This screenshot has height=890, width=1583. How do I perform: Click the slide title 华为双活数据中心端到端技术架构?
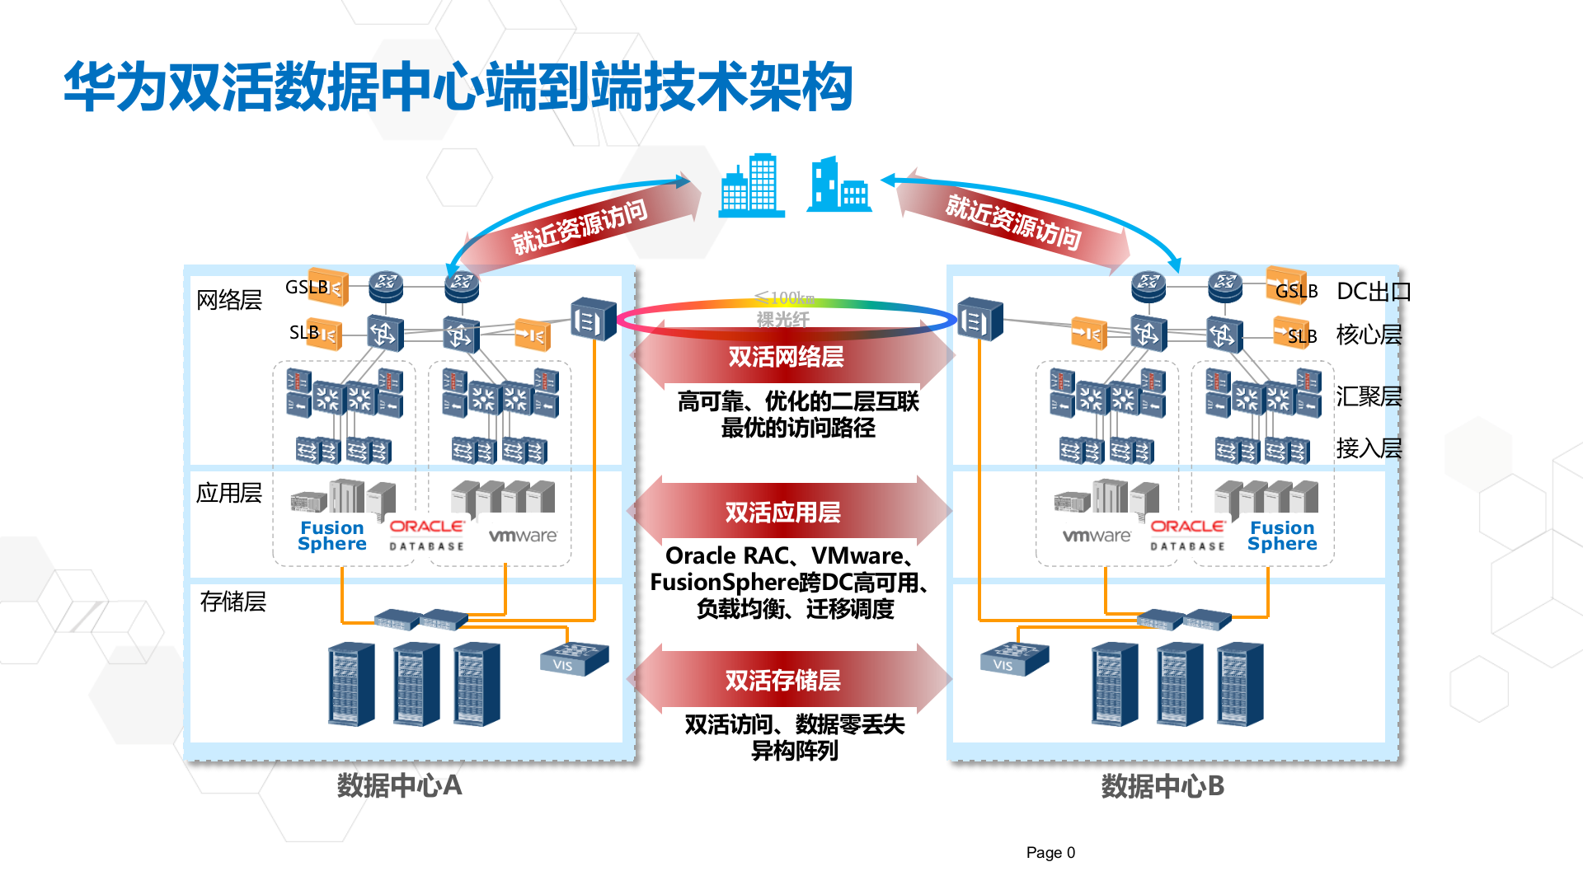[x=458, y=87]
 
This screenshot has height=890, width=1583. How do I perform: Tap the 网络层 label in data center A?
[x=228, y=300]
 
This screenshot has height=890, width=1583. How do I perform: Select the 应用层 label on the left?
[x=228, y=493]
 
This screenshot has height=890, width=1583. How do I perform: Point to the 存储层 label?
[x=233, y=602]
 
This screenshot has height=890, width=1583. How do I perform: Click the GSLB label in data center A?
[x=306, y=288]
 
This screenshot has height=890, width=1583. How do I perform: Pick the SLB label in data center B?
[x=1302, y=336]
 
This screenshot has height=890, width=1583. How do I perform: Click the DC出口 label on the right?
[x=1373, y=292]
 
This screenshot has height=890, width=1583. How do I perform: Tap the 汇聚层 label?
[x=1369, y=396]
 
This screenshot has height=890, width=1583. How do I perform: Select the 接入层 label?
[x=1369, y=448]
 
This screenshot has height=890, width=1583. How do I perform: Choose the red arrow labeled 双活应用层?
[x=783, y=512]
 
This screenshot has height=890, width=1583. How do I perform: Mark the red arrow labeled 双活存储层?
[x=783, y=680]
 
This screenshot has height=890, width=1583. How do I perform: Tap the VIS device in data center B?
[x=1013, y=659]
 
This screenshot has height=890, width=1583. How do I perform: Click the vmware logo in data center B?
[x=1096, y=536]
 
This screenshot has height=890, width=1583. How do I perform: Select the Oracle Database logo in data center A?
[x=426, y=535]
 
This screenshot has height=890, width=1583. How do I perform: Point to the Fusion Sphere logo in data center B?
[x=1281, y=536]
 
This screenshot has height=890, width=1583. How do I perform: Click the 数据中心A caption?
[x=399, y=785]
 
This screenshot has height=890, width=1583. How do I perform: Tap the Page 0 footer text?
[x=1050, y=852]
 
